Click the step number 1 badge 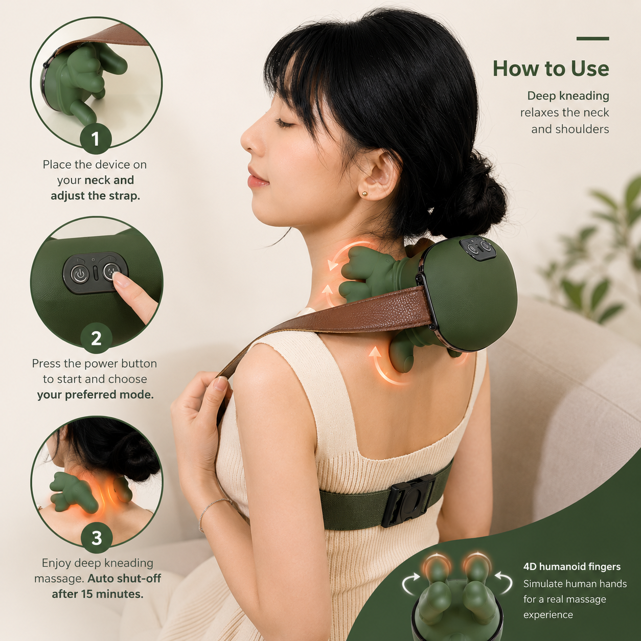(x=96, y=139)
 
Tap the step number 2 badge (x=96, y=338)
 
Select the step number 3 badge (x=97, y=538)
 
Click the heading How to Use (x=551, y=68)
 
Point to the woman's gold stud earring (x=365, y=193)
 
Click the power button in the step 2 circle (x=79, y=274)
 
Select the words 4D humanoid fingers (x=572, y=566)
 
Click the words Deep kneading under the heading (x=568, y=96)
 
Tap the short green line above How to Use (x=593, y=38)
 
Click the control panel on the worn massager (x=476, y=247)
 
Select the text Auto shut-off (x=124, y=579)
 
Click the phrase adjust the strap (x=96, y=196)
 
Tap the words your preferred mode (x=96, y=395)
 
